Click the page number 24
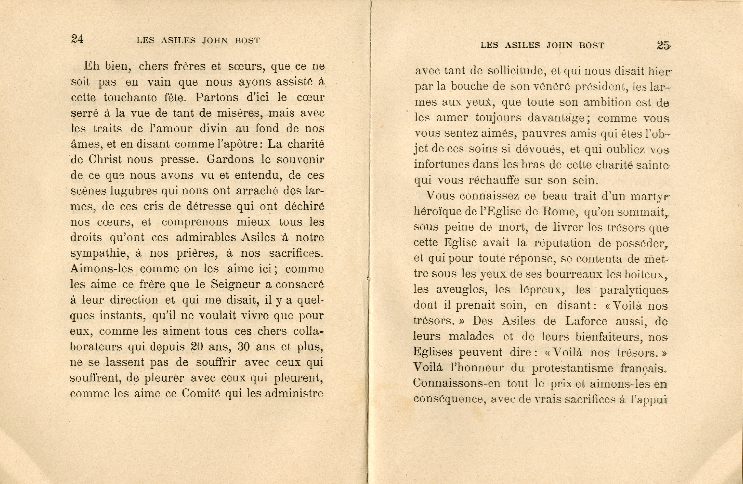point(77,39)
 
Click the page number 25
point(663,45)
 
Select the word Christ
point(105,159)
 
